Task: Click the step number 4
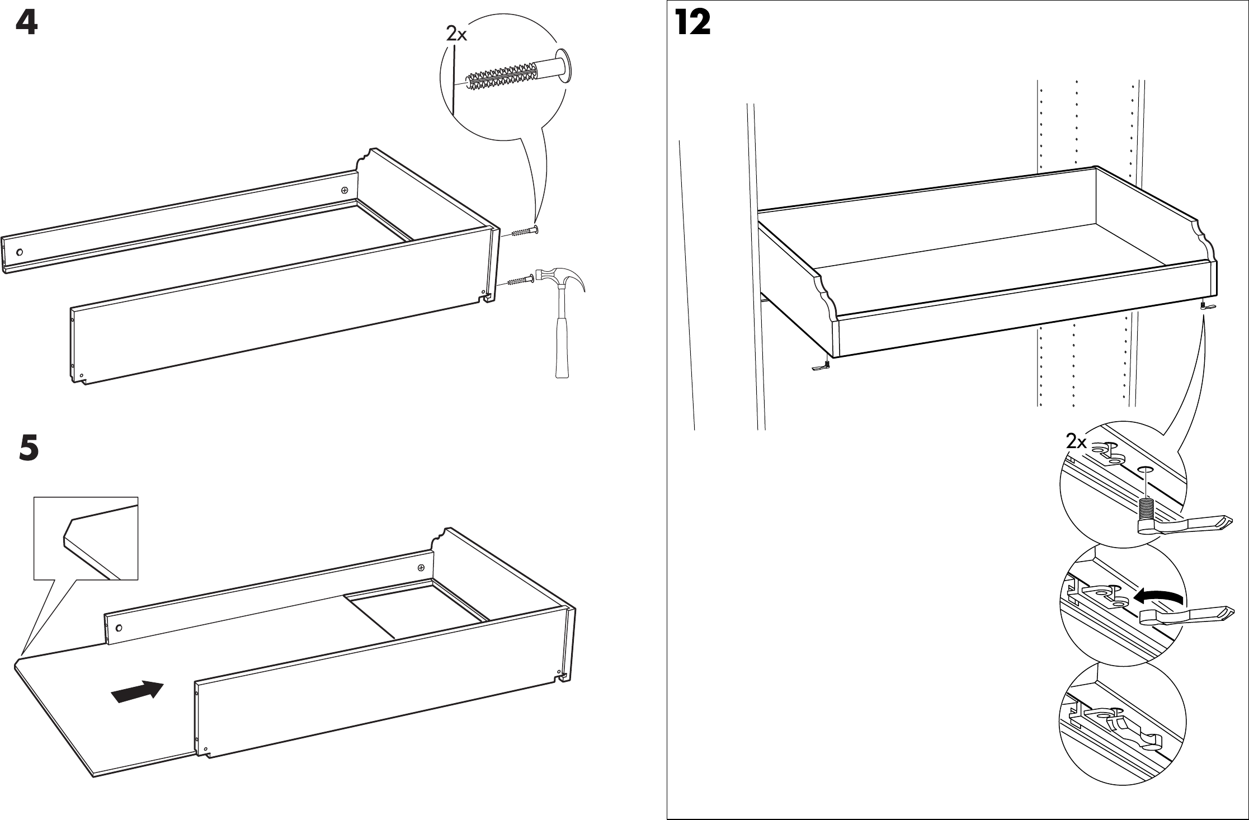(x=26, y=24)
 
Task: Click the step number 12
(x=692, y=24)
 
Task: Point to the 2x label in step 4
(x=456, y=35)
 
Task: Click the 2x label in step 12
(x=1076, y=442)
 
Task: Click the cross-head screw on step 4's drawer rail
(x=345, y=191)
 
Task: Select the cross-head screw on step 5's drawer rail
(x=421, y=568)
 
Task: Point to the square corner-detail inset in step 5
(x=86, y=538)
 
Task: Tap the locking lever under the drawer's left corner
(x=821, y=367)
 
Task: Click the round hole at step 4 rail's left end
(x=20, y=252)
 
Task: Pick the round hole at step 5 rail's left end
(x=118, y=627)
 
